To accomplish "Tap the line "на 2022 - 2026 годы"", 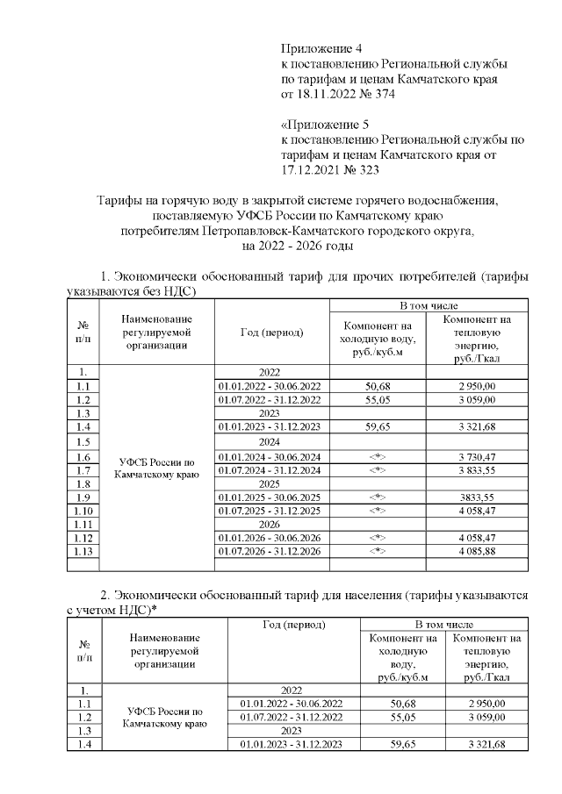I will pyautogui.click(x=298, y=247).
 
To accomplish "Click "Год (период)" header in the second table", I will pyautogui.click(x=293, y=625).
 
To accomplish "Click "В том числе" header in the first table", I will pyautogui.click(x=428, y=304).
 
